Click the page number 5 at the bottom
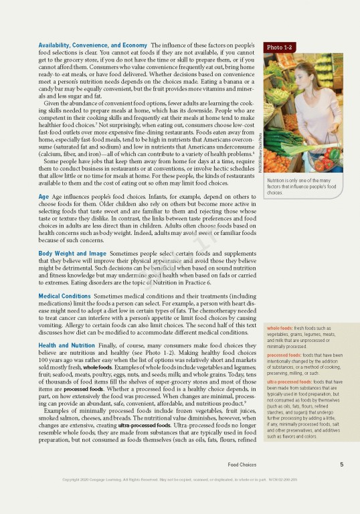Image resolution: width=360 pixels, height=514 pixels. tap(341, 483)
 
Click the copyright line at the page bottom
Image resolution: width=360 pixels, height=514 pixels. tap(179, 499)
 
